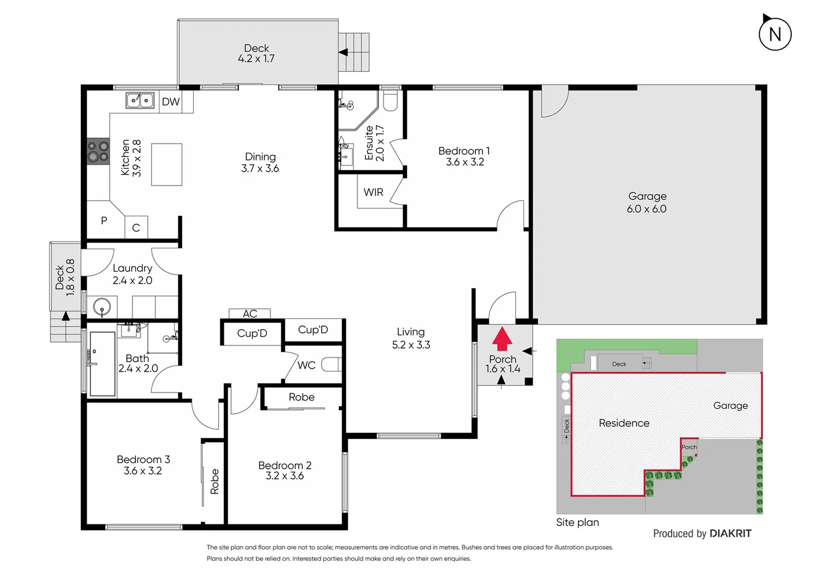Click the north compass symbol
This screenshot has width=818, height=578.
coord(775,34)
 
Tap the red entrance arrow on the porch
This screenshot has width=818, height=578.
coord(502,339)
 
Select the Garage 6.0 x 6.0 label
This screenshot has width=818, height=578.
coord(647,203)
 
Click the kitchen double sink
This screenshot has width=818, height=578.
coord(140,100)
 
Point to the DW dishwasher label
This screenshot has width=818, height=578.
coord(171,102)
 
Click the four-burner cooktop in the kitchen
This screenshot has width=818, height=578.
coord(98,151)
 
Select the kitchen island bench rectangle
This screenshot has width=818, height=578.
coord(166,164)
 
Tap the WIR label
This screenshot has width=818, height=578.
coord(373,192)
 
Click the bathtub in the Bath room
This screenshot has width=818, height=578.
coord(102,364)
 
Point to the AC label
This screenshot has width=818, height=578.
coord(249,314)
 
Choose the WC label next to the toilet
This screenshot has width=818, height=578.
coord(306,365)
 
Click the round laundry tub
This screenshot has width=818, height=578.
coord(102,308)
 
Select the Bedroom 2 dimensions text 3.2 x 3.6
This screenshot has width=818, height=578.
coord(285,476)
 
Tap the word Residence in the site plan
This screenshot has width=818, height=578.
coord(624,423)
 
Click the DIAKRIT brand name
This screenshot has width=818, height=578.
coord(730,534)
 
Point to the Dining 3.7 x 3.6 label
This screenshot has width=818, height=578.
coord(260,162)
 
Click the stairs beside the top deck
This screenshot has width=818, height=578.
coord(354,52)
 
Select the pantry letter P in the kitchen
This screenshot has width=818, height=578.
coord(104,220)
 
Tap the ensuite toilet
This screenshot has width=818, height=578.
coord(390,101)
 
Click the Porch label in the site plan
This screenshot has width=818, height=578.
coord(689,447)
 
